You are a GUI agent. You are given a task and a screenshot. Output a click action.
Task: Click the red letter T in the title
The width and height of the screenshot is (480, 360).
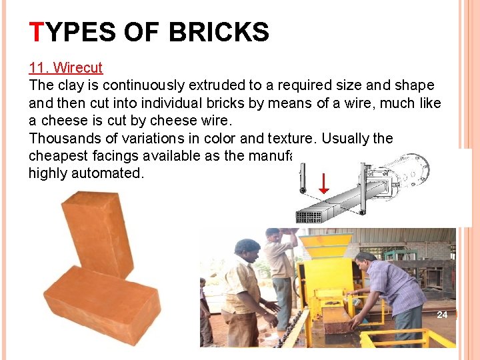[37, 32]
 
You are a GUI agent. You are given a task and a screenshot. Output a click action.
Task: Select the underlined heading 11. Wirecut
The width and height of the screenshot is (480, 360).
[65, 68]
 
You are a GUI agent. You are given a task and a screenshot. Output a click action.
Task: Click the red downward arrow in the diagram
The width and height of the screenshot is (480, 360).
[323, 182]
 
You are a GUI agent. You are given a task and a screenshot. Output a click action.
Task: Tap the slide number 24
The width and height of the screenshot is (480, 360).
[442, 314]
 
